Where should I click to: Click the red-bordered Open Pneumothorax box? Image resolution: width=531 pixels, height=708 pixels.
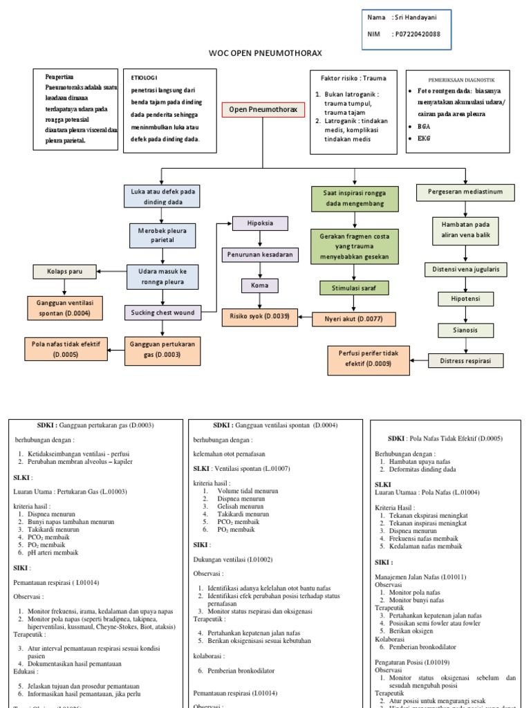tap(263, 110)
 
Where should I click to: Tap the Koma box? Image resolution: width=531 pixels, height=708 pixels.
tap(259, 286)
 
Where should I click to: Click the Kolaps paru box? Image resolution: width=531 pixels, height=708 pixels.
tap(65, 272)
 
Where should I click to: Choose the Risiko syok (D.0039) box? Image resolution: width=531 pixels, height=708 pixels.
tap(259, 317)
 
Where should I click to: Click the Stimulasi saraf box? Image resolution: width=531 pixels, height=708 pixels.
tap(354, 287)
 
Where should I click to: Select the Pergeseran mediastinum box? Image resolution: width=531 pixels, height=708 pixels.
tap(465, 192)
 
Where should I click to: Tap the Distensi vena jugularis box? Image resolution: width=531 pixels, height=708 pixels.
tap(465, 268)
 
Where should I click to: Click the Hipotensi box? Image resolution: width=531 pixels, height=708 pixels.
tap(465, 299)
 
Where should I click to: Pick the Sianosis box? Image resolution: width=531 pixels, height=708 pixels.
tap(465, 330)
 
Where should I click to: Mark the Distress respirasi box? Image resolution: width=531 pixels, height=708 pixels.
tap(465, 360)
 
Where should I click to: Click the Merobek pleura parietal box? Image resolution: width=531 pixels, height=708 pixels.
tap(162, 235)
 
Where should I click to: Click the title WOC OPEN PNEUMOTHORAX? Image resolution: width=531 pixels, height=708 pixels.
tap(265, 53)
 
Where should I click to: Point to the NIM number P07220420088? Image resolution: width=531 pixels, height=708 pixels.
tap(417, 34)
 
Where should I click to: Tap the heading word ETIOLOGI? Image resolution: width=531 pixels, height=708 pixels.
tap(145, 79)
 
